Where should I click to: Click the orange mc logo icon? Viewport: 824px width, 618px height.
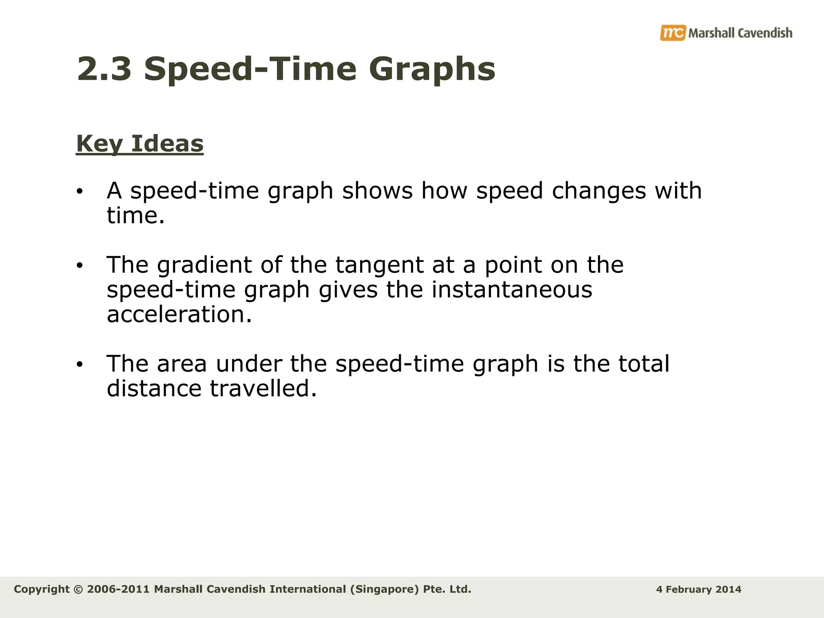pyautogui.click(x=672, y=33)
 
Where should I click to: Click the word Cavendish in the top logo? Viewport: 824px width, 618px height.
pyautogui.click(x=765, y=33)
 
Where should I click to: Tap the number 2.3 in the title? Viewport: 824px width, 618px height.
pyautogui.click(x=104, y=69)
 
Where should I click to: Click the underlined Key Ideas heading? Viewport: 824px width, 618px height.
pyautogui.click(x=140, y=144)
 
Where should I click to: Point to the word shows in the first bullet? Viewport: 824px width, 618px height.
pyautogui.click(x=377, y=191)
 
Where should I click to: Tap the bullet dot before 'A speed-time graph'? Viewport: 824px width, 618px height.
pyautogui.click(x=80, y=192)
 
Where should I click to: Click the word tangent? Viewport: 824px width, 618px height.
pyautogui.click(x=379, y=266)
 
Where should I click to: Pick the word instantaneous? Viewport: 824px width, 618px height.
pyautogui.click(x=512, y=290)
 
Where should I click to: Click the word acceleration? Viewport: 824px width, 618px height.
pyautogui.click(x=179, y=315)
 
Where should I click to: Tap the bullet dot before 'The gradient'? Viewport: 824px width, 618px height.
pyautogui.click(x=80, y=266)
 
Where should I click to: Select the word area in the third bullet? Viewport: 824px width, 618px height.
pyautogui.click(x=181, y=364)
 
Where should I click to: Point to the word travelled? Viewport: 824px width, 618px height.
pyautogui.click(x=264, y=389)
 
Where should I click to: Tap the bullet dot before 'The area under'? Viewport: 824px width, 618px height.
pyautogui.click(x=80, y=365)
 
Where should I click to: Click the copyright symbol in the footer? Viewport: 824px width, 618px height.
pyautogui.click(x=78, y=589)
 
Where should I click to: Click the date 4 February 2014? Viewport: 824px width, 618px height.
pyautogui.click(x=698, y=590)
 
